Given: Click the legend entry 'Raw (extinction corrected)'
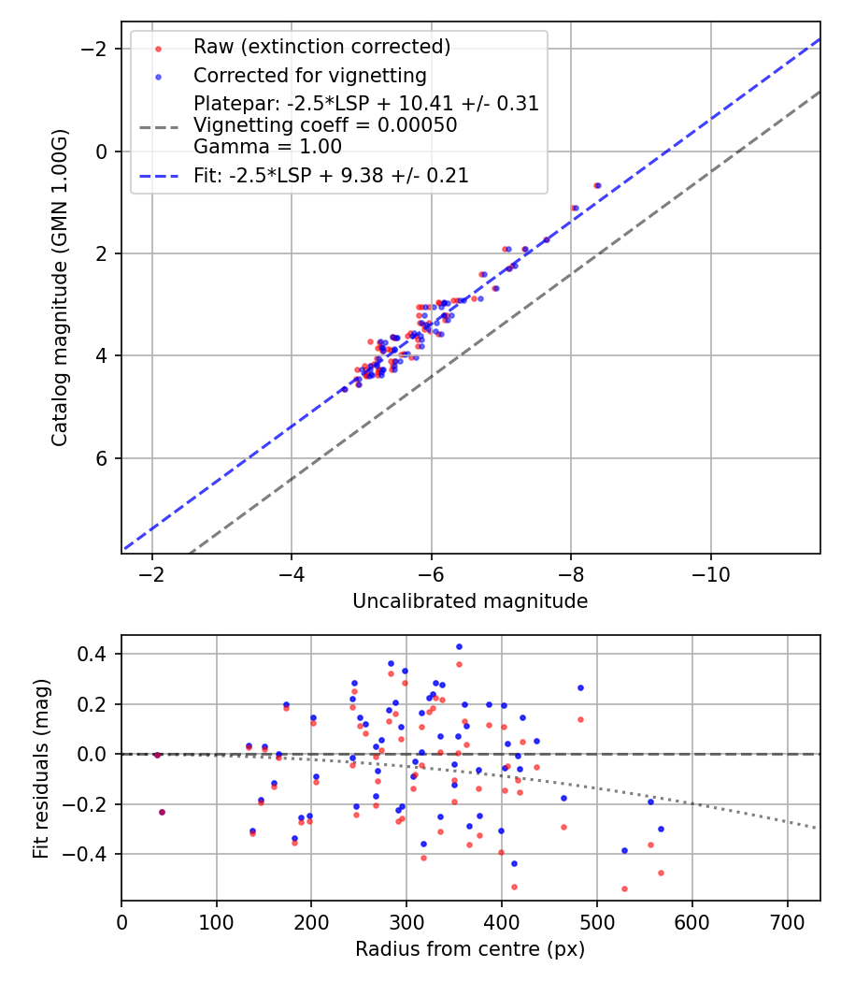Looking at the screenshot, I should pyautogui.click(x=321, y=47).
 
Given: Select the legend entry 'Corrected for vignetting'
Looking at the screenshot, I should pyautogui.click(x=309, y=76).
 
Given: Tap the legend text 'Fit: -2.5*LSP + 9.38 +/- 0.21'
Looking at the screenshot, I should pyautogui.click(x=331, y=175).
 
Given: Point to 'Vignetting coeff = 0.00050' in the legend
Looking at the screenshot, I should pyautogui.click(x=325, y=125).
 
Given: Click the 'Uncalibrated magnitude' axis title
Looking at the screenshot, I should pyautogui.click(x=470, y=601).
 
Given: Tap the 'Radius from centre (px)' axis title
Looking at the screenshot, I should pyautogui.click(x=470, y=949).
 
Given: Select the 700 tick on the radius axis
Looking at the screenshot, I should pyautogui.click(x=787, y=920).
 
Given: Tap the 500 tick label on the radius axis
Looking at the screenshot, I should pyautogui.click(x=597, y=920).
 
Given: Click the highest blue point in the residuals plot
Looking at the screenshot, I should pyautogui.click(x=459, y=646).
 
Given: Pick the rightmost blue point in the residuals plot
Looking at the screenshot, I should pyautogui.click(x=661, y=829).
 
